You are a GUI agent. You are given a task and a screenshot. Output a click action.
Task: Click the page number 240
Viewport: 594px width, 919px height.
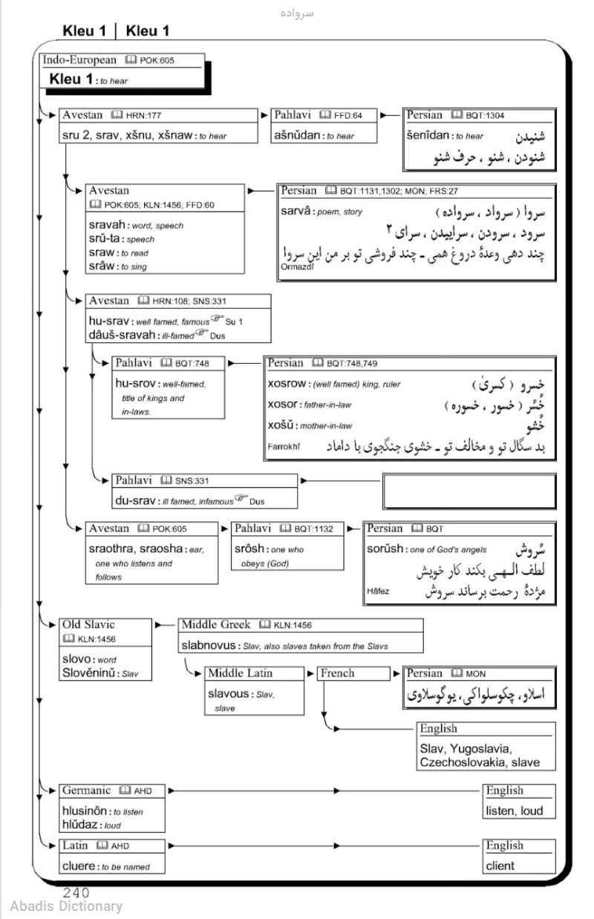(76, 893)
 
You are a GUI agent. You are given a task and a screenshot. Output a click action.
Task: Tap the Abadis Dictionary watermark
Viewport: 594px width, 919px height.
(66, 906)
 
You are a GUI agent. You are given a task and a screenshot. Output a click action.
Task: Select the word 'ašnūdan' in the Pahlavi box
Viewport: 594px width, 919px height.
(298, 136)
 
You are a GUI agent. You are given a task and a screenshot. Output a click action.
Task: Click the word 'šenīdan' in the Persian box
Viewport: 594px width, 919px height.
(430, 136)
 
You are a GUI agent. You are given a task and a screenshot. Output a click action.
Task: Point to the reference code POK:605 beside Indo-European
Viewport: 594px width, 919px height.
(157, 60)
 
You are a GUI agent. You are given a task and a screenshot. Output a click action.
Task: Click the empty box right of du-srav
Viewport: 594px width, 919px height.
(469, 491)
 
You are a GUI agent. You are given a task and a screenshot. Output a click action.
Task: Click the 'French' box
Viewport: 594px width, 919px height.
(337, 673)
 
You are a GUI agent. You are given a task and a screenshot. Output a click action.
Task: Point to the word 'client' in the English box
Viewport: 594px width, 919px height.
(500, 866)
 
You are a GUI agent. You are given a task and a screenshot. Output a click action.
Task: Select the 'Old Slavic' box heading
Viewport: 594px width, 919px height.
(88, 625)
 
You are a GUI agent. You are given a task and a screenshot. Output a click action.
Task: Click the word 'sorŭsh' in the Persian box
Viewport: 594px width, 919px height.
(385, 549)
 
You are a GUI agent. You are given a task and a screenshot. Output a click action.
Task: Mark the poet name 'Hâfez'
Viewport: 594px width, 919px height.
(378, 592)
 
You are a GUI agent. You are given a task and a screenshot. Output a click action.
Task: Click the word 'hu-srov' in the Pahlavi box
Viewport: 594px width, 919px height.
(136, 384)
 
